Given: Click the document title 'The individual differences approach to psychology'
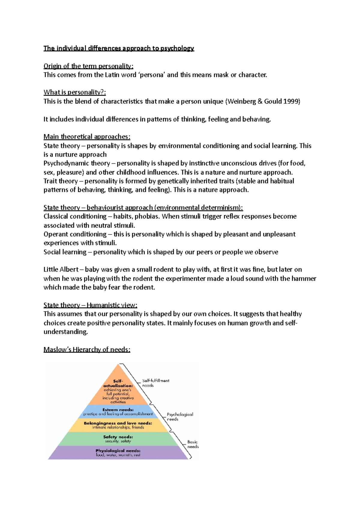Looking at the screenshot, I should click(x=119, y=48).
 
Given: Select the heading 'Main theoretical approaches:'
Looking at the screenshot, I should click(x=87, y=137).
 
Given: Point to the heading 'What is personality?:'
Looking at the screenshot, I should click(x=75, y=92).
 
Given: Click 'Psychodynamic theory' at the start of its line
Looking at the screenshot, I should click(x=76, y=163).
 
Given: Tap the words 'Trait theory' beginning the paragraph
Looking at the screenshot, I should click(x=60, y=181).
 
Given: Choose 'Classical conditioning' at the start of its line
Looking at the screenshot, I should click(x=75, y=216).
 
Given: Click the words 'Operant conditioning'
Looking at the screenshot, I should click(x=75, y=234).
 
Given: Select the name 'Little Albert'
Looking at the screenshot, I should click(x=61, y=269).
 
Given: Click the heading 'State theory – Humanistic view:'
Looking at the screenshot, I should click(x=90, y=305).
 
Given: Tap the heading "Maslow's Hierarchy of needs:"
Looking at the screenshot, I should click(x=87, y=350).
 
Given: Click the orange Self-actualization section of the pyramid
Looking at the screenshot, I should click(x=118, y=390).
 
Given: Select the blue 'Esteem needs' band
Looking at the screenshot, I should click(x=118, y=412).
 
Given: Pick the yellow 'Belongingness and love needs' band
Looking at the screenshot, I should click(x=118, y=425).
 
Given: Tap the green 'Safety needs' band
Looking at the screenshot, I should click(x=118, y=439).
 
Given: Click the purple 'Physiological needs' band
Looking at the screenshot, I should click(x=118, y=453).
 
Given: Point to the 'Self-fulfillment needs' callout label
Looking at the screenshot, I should click(x=155, y=383).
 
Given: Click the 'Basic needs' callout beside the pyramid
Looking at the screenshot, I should click(x=193, y=444).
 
